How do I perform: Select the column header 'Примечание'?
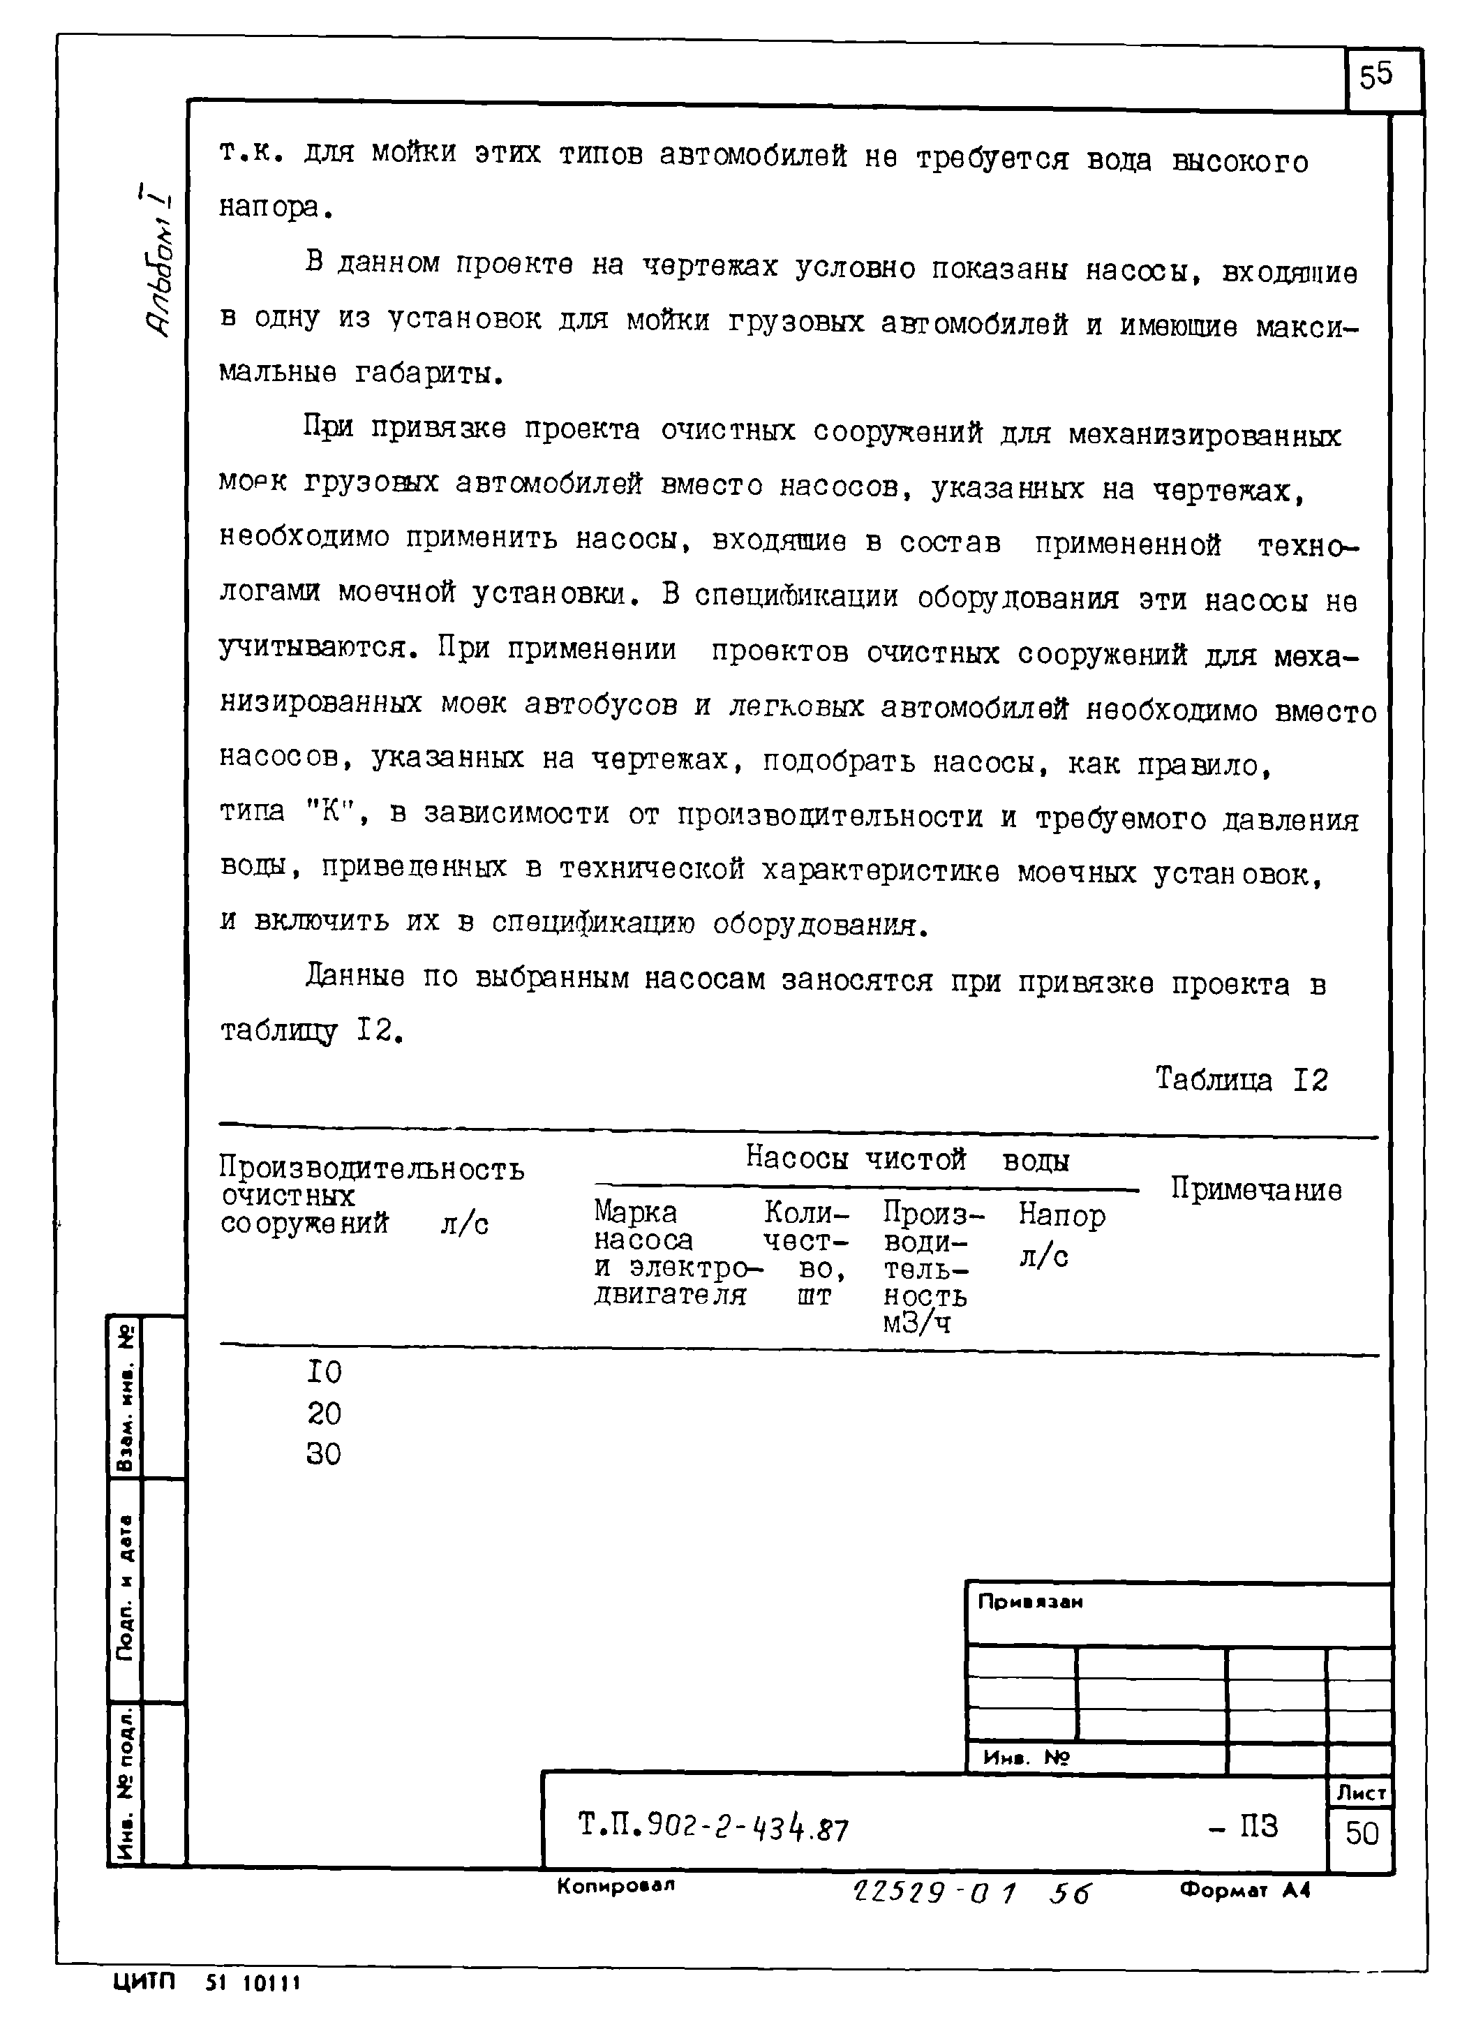pos(1255,1189)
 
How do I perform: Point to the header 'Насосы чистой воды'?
pos(906,1159)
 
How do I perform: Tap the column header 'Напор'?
pos(1061,1215)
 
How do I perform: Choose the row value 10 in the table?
pos(323,1372)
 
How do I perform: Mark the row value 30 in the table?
pos(323,1454)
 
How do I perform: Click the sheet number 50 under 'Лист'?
pos(1362,1833)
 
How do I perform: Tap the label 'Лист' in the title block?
pos(1361,1793)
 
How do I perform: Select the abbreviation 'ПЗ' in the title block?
pos(1257,1825)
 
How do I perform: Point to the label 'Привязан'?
pos(1029,1602)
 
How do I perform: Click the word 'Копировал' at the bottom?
pos(616,1885)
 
